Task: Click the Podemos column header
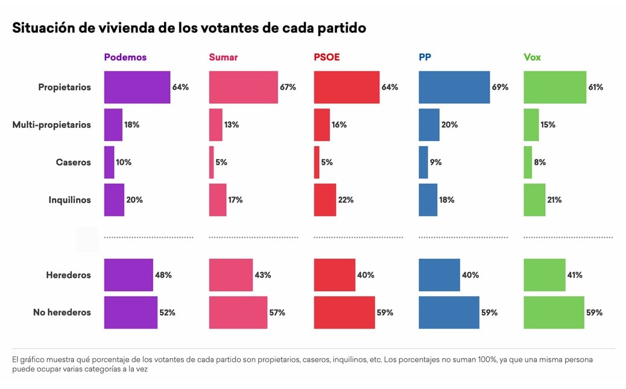tap(125, 57)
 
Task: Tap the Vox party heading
tap(532, 57)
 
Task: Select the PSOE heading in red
tap(327, 57)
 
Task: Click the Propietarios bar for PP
tap(454, 87)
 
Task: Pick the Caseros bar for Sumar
tap(211, 162)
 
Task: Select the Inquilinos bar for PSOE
tap(325, 200)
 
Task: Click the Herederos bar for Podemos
tap(128, 275)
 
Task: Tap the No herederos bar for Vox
tap(554, 312)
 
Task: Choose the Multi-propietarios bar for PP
tap(429, 125)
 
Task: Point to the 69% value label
tap(500, 87)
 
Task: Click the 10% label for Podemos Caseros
tap(124, 162)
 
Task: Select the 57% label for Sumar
tap(277, 312)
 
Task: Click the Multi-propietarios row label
tap(52, 125)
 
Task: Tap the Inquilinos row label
tap(69, 200)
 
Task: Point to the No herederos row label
tap(62, 312)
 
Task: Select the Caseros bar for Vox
tap(528, 162)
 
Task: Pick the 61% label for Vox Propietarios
tap(595, 87)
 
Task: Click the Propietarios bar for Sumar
tap(243, 87)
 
